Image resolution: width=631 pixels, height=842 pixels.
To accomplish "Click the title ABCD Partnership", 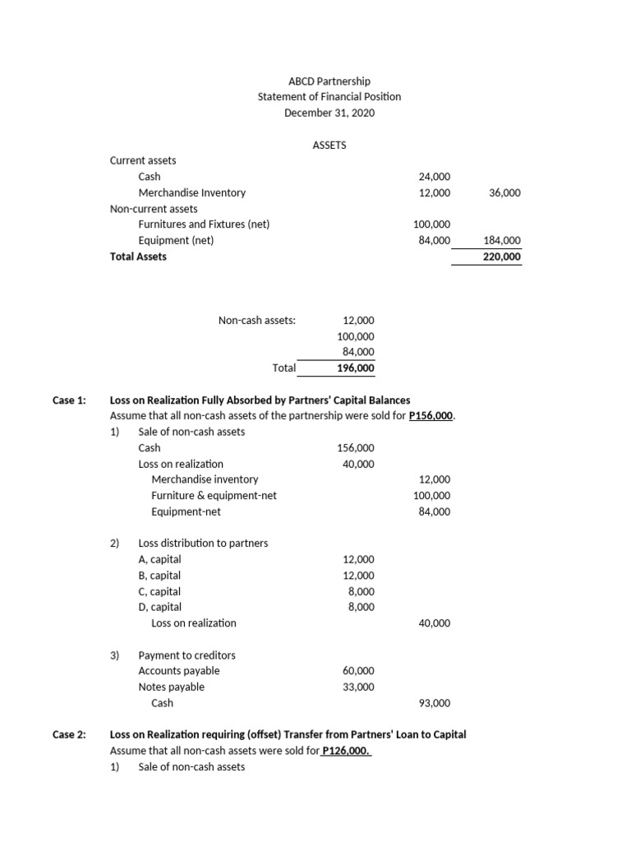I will pyautogui.click(x=329, y=81).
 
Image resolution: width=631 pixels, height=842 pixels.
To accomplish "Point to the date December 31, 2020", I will pyautogui.click(x=329, y=113).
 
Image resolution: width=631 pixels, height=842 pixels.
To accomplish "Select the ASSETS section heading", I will pyautogui.click(x=329, y=145).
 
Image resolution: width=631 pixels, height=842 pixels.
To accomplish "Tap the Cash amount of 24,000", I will pyautogui.click(x=434, y=177).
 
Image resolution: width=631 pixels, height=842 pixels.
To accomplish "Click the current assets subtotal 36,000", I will pyautogui.click(x=504, y=192).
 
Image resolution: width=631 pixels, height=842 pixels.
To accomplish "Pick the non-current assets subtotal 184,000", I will pyautogui.click(x=504, y=240).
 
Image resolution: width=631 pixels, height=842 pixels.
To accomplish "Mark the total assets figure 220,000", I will pyautogui.click(x=504, y=257).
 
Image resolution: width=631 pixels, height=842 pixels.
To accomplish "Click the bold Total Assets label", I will pyautogui.click(x=138, y=257).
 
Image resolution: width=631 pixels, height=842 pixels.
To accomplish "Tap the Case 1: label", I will pyautogui.click(x=69, y=400).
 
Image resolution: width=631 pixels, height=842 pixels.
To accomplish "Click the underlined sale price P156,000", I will pyautogui.click(x=431, y=416).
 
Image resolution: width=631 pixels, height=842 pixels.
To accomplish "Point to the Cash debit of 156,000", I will pyautogui.click(x=356, y=448).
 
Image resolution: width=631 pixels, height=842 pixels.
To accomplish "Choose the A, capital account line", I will pyautogui.click(x=159, y=560).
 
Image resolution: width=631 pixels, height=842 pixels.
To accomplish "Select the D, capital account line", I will pyautogui.click(x=159, y=608).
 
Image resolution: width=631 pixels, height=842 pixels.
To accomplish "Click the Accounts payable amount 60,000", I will pyautogui.click(x=358, y=671).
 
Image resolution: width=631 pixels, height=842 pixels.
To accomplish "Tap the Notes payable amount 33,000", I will pyautogui.click(x=358, y=687).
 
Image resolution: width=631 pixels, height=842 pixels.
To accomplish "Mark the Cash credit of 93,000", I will pyautogui.click(x=434, y=703).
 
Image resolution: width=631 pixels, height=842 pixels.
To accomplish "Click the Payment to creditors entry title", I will pyautogui.click(x=187, y=655).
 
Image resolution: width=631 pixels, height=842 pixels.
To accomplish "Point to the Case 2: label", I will pyautogui.click(x=69, y=734).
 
